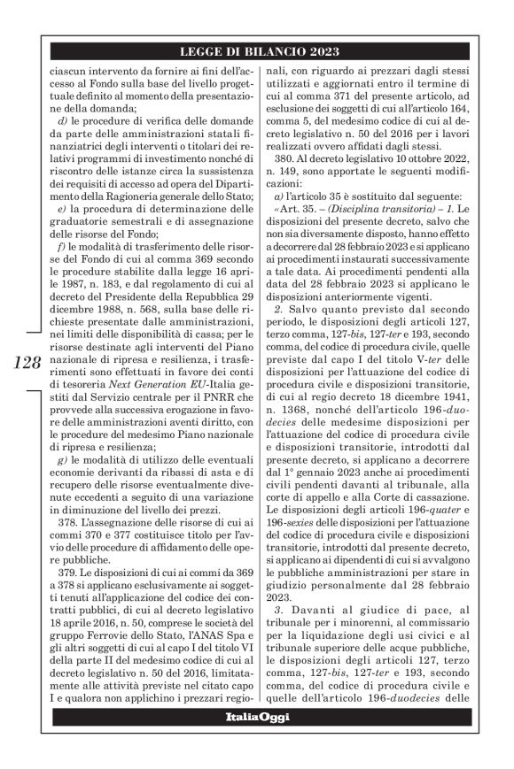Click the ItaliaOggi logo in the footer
pos(256,716)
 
